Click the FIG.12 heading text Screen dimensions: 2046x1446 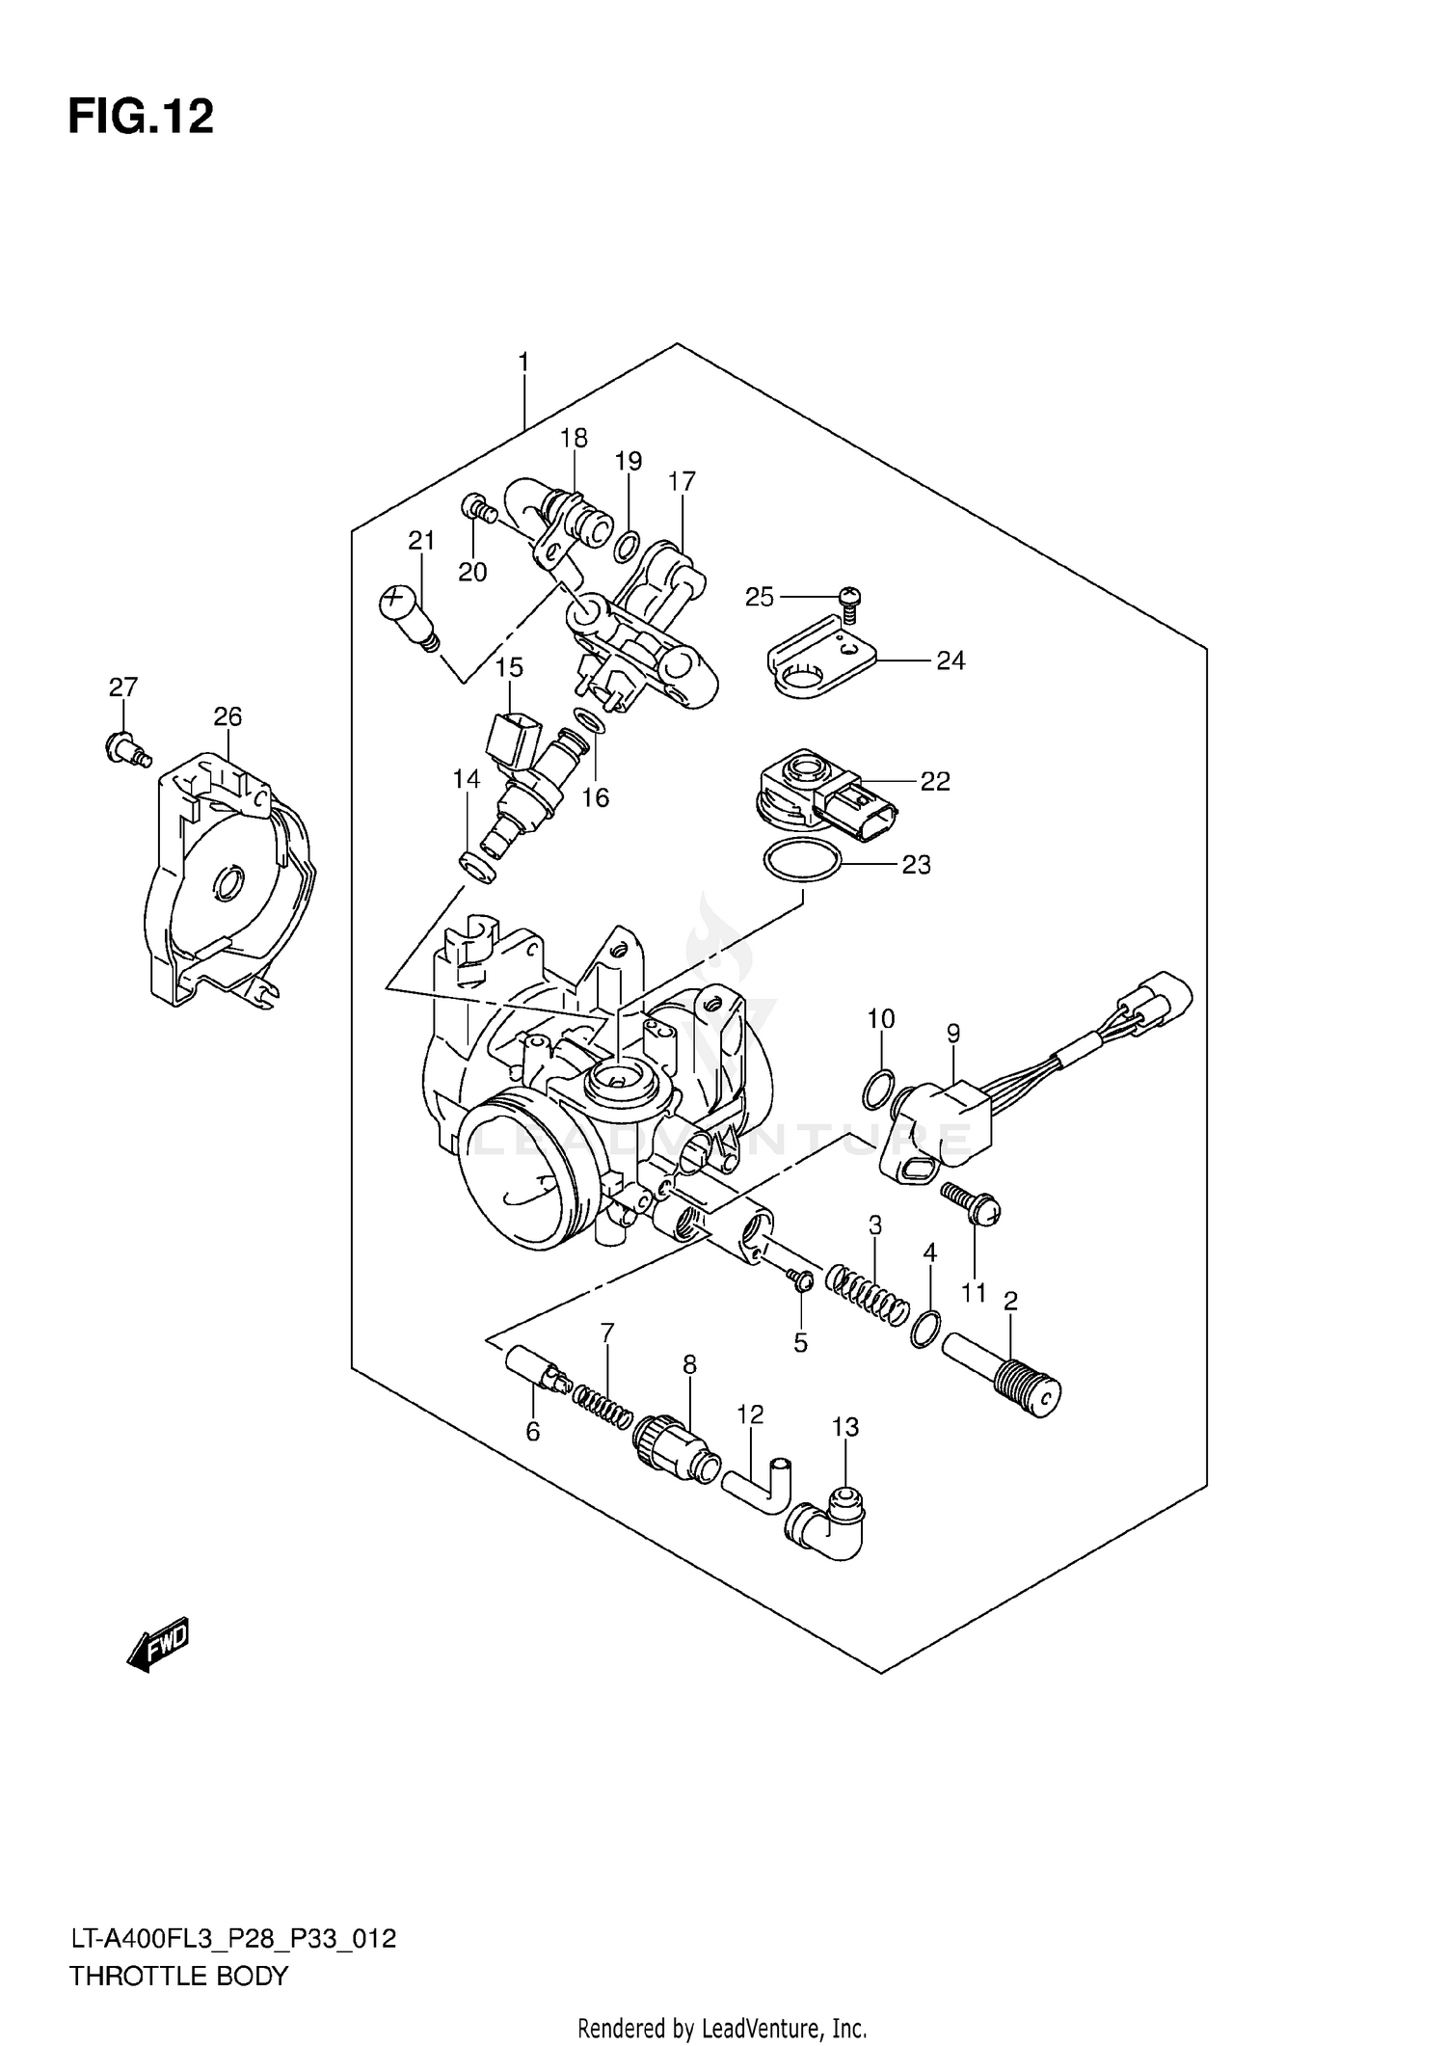141,118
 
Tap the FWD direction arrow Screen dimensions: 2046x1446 159,1643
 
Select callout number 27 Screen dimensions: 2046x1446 122,687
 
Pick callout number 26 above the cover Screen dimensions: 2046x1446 228,716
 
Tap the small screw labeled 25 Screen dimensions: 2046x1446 849,603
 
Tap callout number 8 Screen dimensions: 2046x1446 689,1364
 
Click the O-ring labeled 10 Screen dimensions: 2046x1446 876,1090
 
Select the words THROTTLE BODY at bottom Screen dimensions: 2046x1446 178,1976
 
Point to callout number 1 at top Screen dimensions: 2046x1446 523,363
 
